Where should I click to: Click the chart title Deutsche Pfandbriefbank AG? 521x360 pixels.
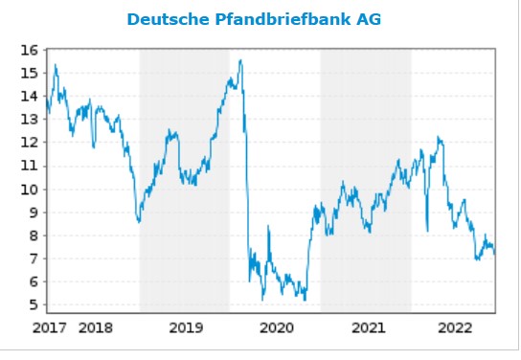pos(260,18)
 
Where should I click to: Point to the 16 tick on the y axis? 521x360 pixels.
pos(29,50)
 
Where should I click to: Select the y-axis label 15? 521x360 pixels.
pos(29,73)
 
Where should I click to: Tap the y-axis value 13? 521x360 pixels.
pos(29,120)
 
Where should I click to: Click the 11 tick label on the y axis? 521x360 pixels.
pos(29,166)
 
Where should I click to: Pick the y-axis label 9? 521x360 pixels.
pos(33,213)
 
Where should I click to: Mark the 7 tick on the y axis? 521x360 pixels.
pos(33,259)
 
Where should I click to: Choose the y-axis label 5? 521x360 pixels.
pos(33,305)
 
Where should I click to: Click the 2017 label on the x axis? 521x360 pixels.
pos(50,328)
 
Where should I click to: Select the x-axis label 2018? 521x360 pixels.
pos(95,328)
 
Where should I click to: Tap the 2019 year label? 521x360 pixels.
pos(186,328)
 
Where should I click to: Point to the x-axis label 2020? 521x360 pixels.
pos(276,328)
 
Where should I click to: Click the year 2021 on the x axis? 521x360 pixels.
pos(367,328)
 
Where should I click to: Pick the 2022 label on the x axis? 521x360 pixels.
pos(456,328)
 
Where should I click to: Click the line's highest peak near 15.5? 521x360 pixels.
pos(240,60)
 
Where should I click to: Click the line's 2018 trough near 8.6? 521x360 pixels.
pos(139,222)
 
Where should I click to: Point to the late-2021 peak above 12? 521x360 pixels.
pos(439,137)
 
